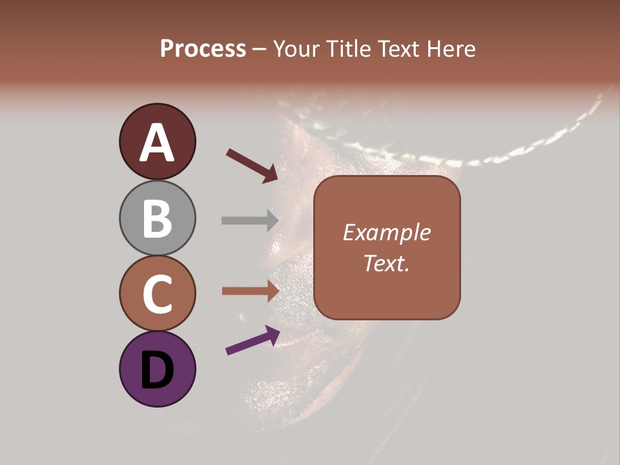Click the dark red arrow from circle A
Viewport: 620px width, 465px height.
tap(251, 165)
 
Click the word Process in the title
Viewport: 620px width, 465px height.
tap(203, 49)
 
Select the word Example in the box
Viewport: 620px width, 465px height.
tap(386, 232)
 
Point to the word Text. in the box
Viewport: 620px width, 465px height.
tap(386, 263)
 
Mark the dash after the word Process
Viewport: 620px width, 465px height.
tap(260, 50)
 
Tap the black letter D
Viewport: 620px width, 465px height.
tap(157, 371)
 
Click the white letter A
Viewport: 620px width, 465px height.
tap(157, 142)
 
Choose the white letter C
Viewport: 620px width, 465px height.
tap(157, 294)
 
